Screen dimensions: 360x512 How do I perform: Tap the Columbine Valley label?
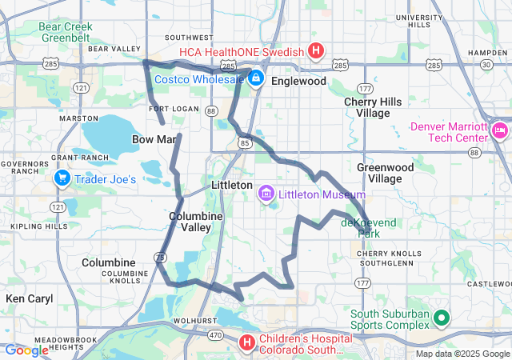(x=190, y=222)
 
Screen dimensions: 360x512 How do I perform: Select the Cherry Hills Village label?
(x=366, y=107)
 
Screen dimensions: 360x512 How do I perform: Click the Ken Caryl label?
(x=29, y=298)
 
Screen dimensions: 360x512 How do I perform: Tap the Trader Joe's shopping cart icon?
(x=62, y=179)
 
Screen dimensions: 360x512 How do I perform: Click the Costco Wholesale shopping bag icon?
(x=256, y=78)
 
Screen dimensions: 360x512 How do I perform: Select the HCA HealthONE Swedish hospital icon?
(x=316, y=52)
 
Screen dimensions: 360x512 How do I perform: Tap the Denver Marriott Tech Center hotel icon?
(x=500, y=130)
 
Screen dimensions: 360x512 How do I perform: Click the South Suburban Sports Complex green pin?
(x=440, y=320)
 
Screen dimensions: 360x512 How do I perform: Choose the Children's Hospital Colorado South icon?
(x=247, y=342)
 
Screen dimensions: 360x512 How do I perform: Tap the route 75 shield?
(x=161, y=257)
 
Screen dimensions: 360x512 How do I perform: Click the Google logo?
(x=26, y=350)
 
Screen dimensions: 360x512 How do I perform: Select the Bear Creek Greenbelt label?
(x=66, y=31)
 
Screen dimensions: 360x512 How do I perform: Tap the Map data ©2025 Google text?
(x=462, y=354)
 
